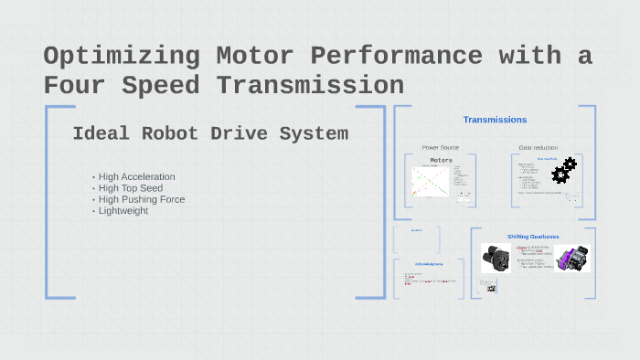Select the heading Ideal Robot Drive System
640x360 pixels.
[x=210, y=134]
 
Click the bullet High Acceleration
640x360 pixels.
[x=136, y=176]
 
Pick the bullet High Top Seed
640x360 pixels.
[x=130, y=188]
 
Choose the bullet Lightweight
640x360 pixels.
[x=123, y=211]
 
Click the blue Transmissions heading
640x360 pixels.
[x=495, y=120]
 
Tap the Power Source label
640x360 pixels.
[x=441, y=147]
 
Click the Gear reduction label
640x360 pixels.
[x=538, y=147]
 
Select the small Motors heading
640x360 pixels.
[x=442, y=160]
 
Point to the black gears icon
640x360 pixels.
[x=564, y=170]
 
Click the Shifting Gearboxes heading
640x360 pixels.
[x=533, y=237]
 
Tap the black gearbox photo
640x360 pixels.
[x=496, y=258]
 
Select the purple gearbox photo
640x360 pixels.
[x=572, y=258]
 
